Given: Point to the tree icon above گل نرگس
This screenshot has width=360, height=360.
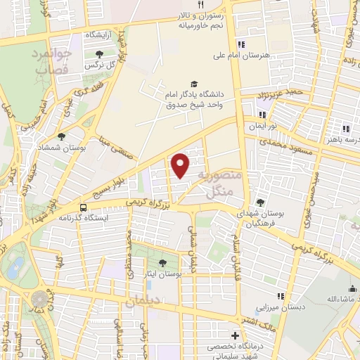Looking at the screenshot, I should point(97,54).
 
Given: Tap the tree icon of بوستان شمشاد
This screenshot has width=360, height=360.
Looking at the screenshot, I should point(62,136).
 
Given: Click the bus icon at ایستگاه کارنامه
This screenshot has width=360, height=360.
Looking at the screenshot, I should point(83,207).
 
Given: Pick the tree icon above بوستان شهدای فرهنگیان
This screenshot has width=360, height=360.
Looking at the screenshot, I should point(261,202).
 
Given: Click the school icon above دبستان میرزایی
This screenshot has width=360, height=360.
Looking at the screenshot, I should point(281,296).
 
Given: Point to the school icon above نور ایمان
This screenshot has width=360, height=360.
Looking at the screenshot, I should point(262,115).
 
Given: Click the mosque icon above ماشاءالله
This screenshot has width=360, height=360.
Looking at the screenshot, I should point(352,288).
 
